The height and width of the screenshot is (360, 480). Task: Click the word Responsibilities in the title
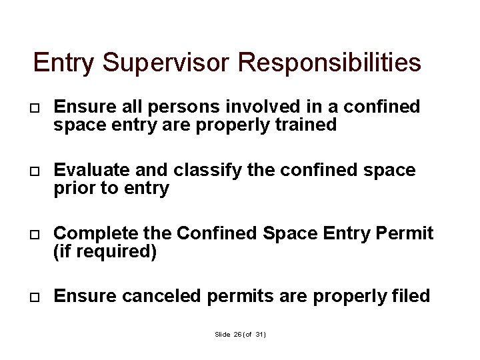tap(329, 63)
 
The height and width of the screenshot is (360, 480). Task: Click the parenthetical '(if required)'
tap(105, 252)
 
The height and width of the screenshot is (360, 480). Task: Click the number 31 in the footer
tap(259, 334)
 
